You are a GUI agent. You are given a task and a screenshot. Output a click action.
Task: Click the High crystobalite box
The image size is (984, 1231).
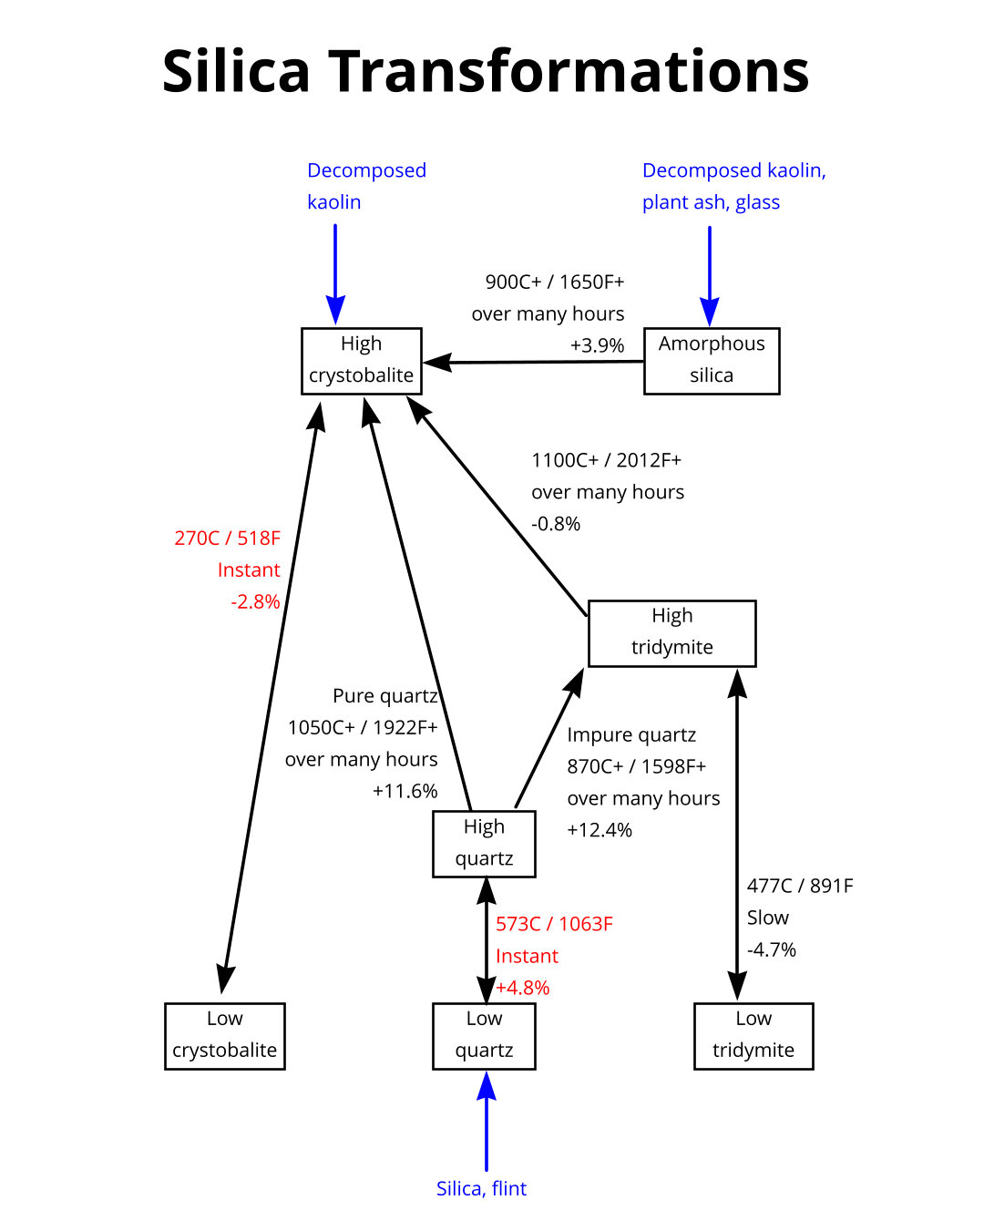pyautogui.click(x=362, y=361)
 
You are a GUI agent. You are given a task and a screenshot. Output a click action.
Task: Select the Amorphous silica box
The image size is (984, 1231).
pyautogui.click(x=712, y=361)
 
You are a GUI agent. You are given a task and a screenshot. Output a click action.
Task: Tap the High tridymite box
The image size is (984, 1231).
pyautogui.click(x=671, y=633)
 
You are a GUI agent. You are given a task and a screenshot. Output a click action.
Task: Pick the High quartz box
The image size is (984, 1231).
pyautogui.click(x=484, y=844)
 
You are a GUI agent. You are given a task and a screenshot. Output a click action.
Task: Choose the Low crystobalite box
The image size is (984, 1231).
pyautogui.click(x=224, y=1036)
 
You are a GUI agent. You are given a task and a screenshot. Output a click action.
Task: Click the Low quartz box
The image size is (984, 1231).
pyautogui.click(x=484, y=1036)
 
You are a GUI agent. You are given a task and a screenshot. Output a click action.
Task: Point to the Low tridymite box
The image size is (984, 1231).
pyautogui.click(x=753, y=1036)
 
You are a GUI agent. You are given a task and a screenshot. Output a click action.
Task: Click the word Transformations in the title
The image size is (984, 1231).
pyautogui.click(x=569, y=71)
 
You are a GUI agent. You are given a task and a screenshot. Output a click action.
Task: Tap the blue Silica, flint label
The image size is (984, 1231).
pyautogui.click(x=481, y=1188)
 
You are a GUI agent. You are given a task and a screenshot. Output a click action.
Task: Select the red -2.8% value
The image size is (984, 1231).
pyautogui.click(x=255, y=601)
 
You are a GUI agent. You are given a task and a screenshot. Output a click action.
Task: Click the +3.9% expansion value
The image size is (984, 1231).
pyautogui.click(x=597, y=345)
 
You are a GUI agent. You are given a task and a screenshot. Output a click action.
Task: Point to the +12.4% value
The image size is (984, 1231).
pyautogui.click(x=600, y=830)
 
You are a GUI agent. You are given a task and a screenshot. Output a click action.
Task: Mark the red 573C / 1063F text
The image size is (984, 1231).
pyautogui.click(x=554, y=924)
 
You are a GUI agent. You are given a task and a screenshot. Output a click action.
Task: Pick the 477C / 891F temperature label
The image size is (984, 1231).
pyautogui.click(x=800, y=886)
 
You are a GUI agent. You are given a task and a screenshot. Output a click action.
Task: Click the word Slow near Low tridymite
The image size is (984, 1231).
pyautogui.click(x=768, y=918)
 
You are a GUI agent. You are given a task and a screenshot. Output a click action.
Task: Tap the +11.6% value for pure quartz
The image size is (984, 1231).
pyautogui.click(x=405, y=791)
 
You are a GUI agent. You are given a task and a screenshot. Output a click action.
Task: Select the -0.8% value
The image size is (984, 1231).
pyautogui.click(x=556, y=524)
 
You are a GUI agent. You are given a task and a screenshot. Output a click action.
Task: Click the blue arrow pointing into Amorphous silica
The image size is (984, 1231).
pyautogui.click(x=710, y=273)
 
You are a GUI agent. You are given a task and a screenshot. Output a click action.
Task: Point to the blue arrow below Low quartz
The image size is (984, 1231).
pyautogui.click(x=487, y=1121)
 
